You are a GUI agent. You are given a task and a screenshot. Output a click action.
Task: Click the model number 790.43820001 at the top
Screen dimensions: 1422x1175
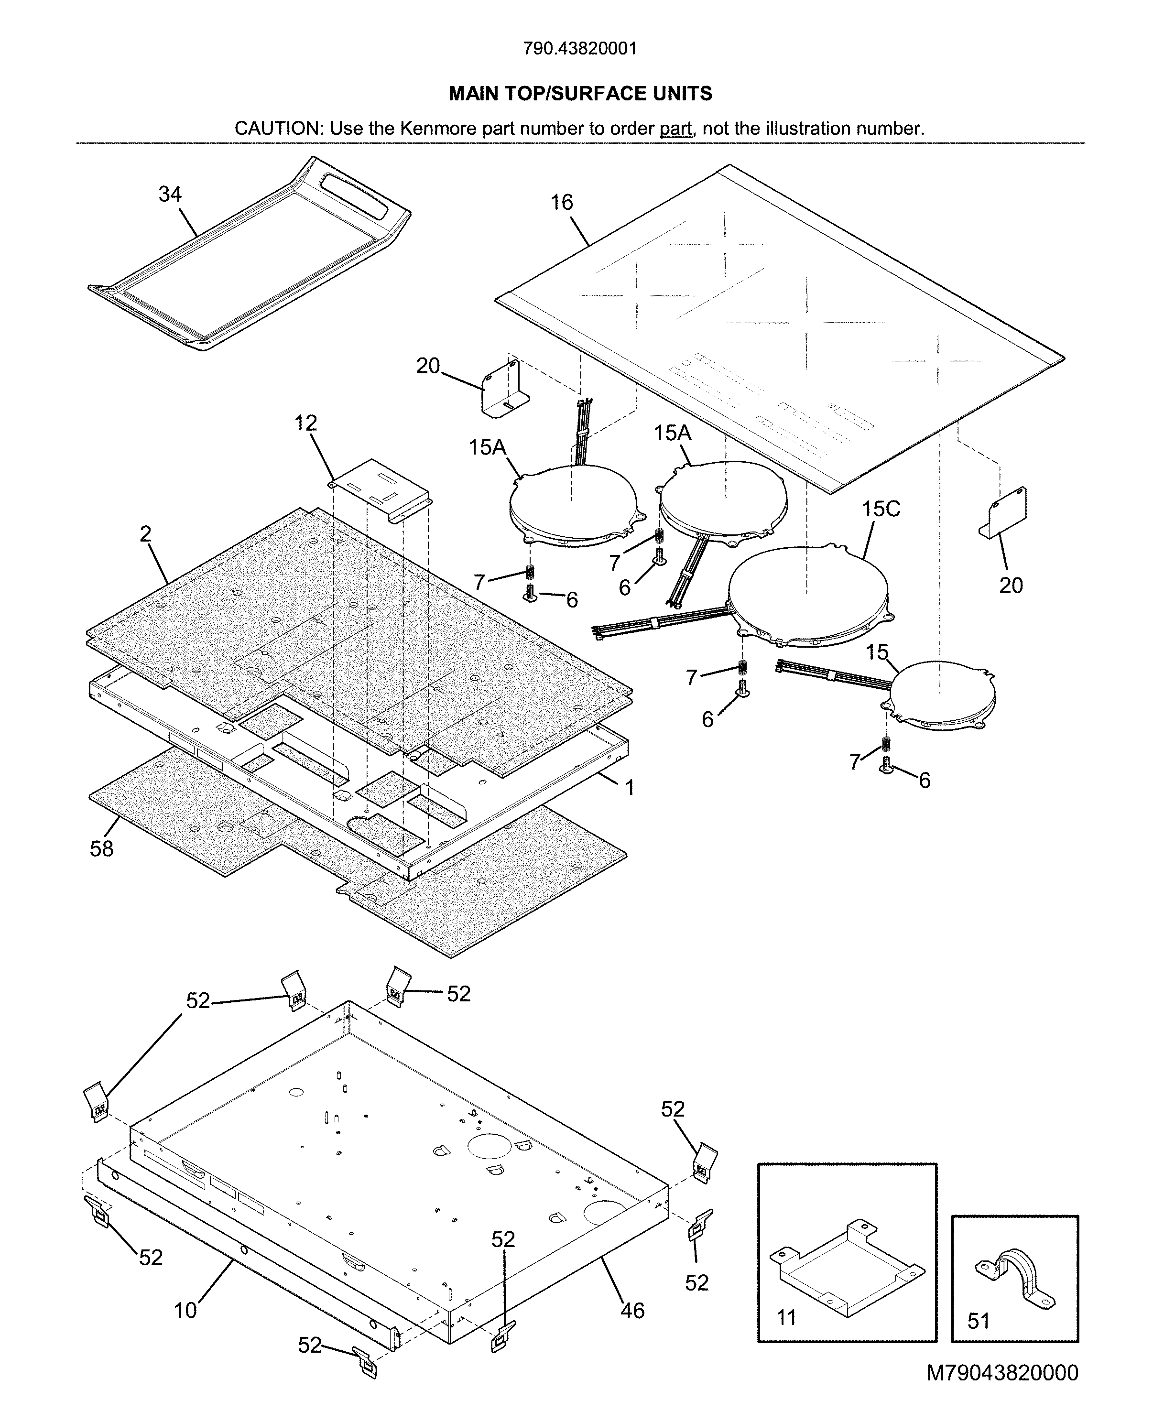click(580, 49)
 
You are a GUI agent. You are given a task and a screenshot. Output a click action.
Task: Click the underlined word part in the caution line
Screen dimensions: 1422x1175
click(675, 129)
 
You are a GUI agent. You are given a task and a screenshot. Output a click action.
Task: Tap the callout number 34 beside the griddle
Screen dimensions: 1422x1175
click(170, 194)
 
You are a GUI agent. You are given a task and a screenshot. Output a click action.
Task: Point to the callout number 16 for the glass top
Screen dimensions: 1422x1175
click(561, 202)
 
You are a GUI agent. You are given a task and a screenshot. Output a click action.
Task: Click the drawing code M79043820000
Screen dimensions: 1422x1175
click(1002, 1386)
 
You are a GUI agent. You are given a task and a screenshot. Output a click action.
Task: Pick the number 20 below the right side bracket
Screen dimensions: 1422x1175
click(1011, 586)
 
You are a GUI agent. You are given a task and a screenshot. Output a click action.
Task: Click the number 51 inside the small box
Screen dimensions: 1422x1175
click(978, 1321)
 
